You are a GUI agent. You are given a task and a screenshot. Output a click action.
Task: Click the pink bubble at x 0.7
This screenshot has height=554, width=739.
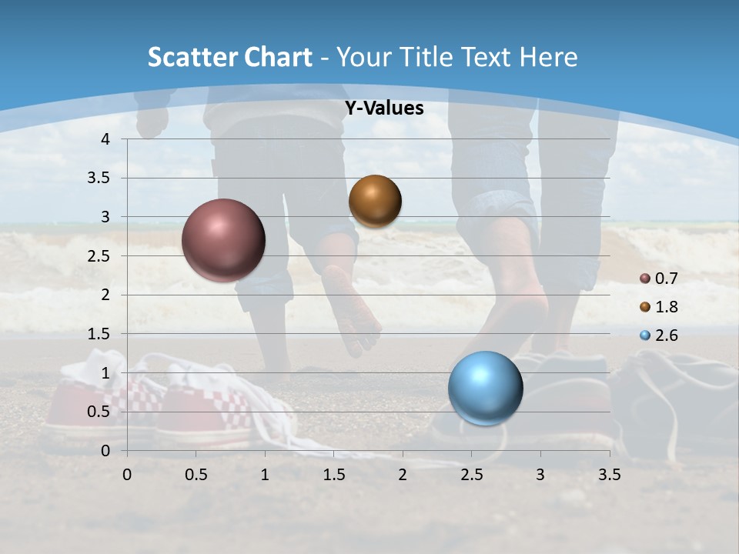223,240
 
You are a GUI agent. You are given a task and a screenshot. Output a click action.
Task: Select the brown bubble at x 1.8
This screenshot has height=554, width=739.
375,201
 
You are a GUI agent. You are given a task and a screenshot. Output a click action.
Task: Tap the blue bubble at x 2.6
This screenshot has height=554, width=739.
485,388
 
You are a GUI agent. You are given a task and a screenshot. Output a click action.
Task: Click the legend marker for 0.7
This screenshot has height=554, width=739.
645,278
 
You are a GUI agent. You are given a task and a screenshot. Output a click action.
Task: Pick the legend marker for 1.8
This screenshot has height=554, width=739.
645,307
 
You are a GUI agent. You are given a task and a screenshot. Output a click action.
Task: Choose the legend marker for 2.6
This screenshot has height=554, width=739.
645,335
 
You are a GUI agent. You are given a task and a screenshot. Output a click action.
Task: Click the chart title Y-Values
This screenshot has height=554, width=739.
383,108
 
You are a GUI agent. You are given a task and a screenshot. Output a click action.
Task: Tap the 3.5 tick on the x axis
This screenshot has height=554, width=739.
609,475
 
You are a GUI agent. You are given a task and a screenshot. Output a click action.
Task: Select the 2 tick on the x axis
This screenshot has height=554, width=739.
402,475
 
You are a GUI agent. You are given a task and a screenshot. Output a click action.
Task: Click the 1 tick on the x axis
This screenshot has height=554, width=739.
265,475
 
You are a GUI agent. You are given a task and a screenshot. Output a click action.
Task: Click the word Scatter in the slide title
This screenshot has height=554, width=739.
189,57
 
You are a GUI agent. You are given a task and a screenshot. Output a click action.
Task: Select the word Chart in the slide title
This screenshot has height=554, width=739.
275,57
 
